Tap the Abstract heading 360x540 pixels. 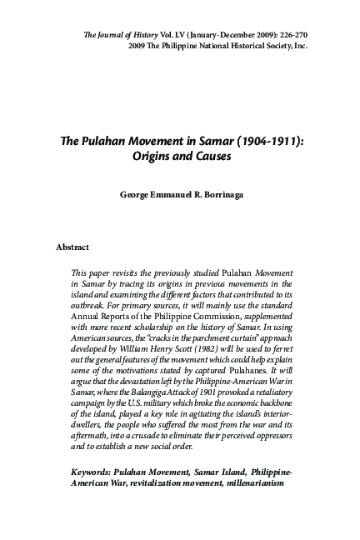72,247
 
